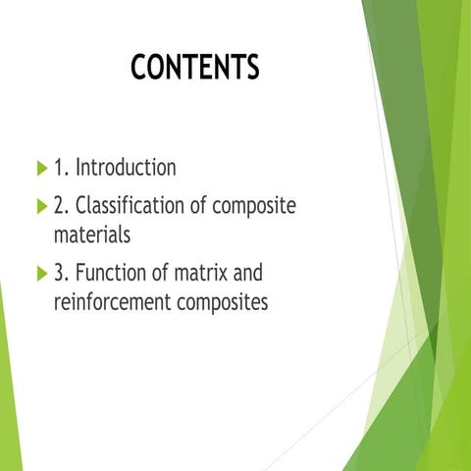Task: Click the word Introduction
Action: pos(127,168)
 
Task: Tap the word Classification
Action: pos(132,207)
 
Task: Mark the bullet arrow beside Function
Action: pos(40,273)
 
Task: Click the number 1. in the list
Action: pos(61,168)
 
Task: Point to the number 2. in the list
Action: pos(61,207)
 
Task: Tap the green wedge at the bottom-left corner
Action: pos(8,412)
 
